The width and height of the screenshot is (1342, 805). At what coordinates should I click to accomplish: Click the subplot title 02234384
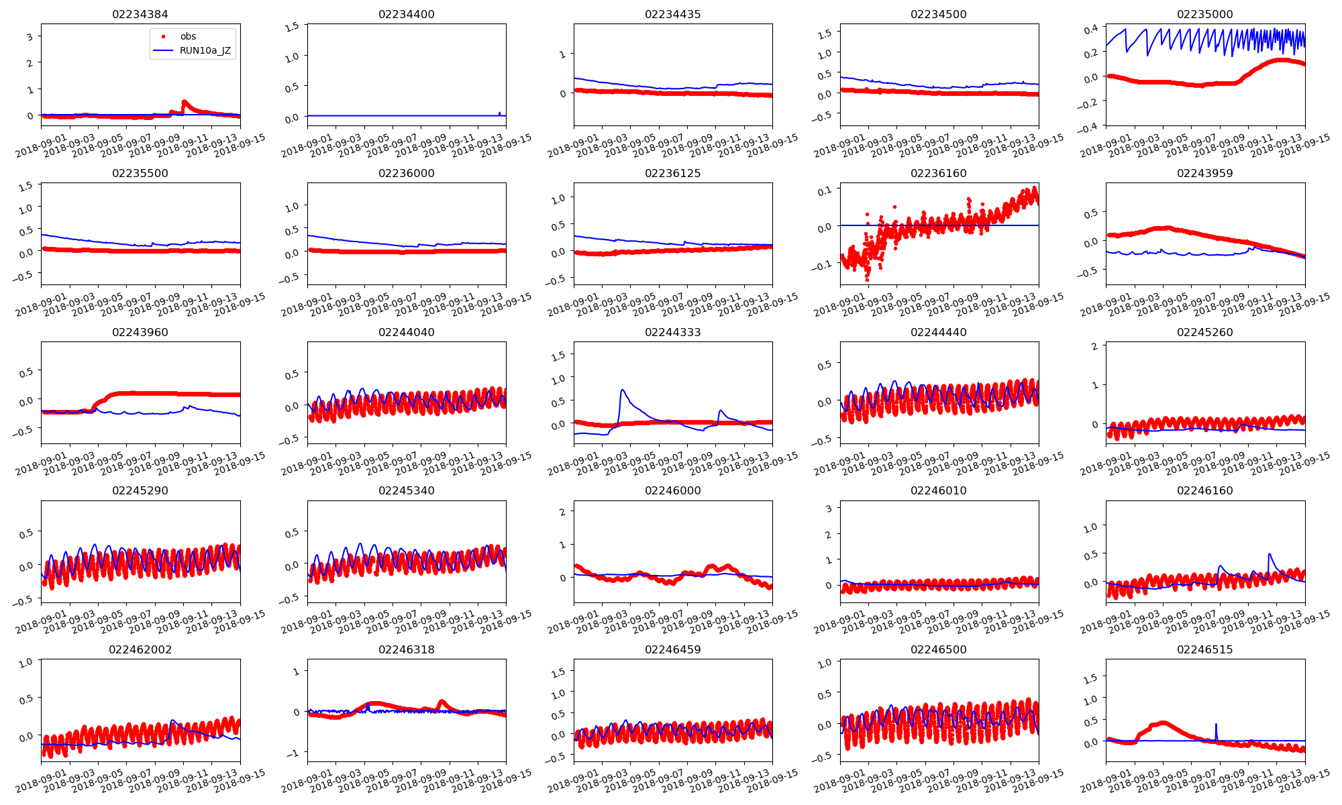(140, 14)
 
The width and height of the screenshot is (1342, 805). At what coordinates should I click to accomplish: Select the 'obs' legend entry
(188, 36)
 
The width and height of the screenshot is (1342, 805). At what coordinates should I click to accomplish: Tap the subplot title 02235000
(1204, 14)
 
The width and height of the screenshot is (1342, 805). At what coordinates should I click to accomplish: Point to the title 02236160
(938, 173)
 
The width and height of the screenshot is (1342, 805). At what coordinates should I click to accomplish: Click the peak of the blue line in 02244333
(623, 390)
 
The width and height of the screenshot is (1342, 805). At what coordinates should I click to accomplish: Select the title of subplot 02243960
(140, 332)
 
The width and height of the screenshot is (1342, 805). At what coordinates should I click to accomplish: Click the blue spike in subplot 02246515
(1216, 724)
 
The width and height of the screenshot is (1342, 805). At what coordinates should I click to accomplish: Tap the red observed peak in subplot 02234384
(185, 101)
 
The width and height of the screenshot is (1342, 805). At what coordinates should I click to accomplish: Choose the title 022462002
(140, 649)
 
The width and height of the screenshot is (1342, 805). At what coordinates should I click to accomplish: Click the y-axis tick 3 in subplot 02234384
(30, 36)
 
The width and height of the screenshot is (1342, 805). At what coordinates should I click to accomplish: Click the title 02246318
(406, 649)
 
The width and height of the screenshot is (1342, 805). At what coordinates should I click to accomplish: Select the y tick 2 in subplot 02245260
(1094, 345)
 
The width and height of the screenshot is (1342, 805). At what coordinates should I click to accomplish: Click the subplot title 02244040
(406, 332)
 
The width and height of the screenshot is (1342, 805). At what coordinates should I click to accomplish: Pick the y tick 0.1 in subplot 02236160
(825, 191)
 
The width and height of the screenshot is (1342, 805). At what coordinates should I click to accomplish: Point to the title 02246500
(938, 649)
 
